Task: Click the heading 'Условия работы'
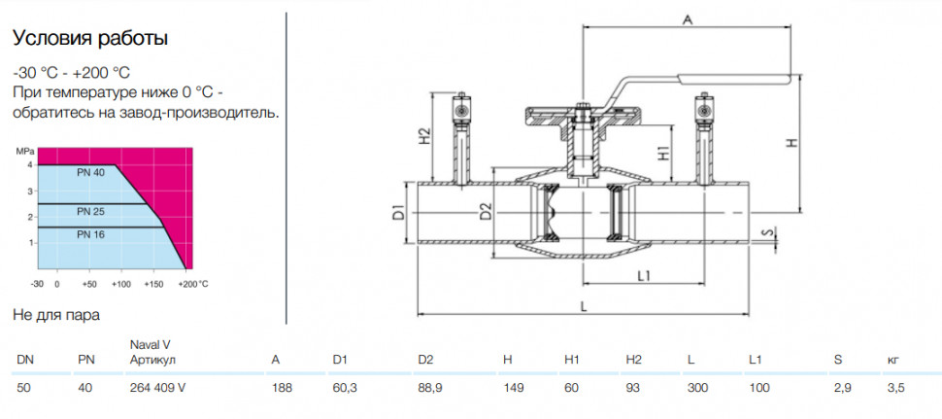(x=90, y=39)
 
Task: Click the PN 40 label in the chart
(x=90, y=173)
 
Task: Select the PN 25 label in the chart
(x=90, y=212)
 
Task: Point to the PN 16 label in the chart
(x=90, y=234)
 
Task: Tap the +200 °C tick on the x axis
(x=193, y=283)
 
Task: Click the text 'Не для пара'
(x=56, y=315)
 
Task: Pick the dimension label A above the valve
(x=689, y=20)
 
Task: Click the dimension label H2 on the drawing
(x=424, y=136)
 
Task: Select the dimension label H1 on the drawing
(x=663, y=154)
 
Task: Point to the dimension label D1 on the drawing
(x=397, y=214)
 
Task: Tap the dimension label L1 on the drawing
(x=645, y=275)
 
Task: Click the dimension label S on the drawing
(x=765, y=232)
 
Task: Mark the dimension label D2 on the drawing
(x=486, y=212)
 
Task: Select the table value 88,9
(x=430, y=388)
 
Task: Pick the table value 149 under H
(x=512, y=388)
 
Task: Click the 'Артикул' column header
(x=152, y=360)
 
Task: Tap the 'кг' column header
(x=892, y=360)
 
